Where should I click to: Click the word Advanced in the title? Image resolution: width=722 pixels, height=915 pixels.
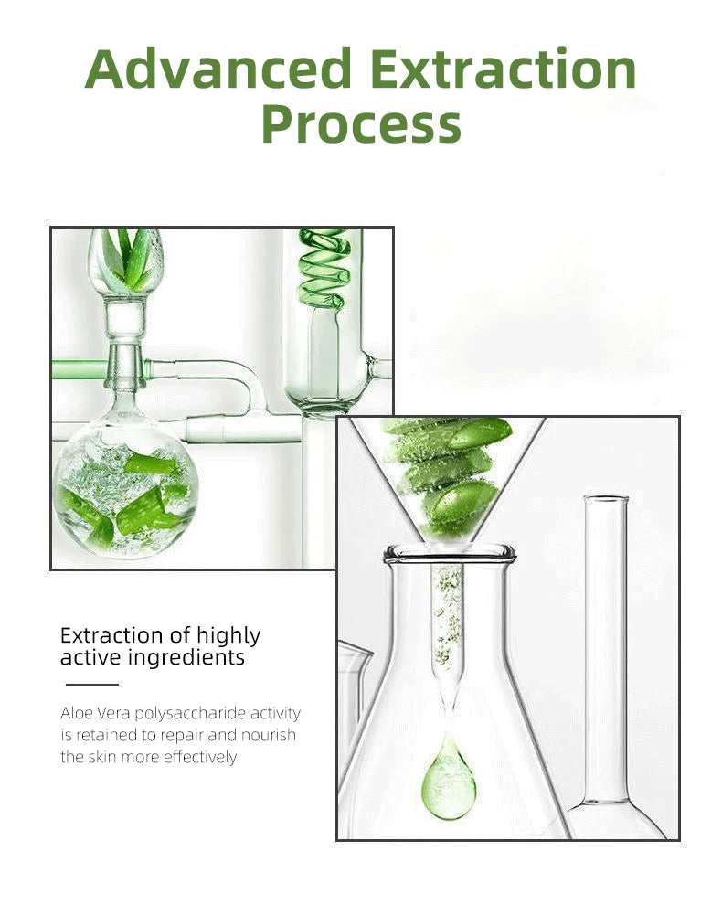click(x=218, y=69)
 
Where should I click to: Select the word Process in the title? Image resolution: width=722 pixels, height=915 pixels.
click(x=361, y=124)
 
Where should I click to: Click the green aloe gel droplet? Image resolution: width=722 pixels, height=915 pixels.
click(x=448, y=782)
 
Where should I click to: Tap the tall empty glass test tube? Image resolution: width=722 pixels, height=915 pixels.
click(x=606, y=640)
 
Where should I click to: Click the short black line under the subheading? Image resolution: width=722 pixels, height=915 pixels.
click(x=91, y=684)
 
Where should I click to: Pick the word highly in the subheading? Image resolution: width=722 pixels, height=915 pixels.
click(x=228, y=636)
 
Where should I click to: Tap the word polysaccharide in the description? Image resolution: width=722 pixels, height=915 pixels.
click(x=190, y=714)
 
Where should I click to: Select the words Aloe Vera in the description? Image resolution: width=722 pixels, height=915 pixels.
click(x=95, y=714)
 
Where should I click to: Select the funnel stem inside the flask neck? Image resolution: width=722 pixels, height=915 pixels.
click(x=448, y=631)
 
